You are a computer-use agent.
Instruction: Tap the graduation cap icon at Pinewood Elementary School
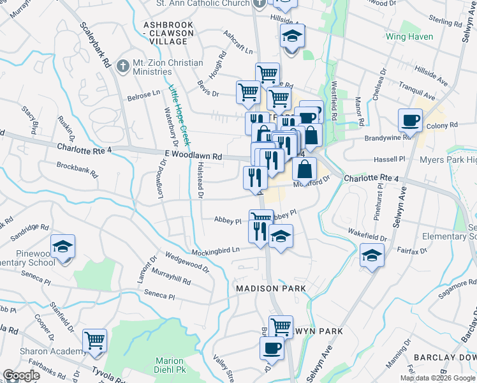tap(63, 246)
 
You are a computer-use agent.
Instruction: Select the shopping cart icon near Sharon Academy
tap(94, 340)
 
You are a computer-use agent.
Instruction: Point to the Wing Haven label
tap(409, 36)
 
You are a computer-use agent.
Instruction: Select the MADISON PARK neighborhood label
tap(271, 289)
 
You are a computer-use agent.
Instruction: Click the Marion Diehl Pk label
tap(170, 365)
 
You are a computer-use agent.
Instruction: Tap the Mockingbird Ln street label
tap(217, 250)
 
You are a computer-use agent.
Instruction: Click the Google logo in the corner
tap(21, 375)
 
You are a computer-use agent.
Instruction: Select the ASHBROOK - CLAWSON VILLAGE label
tap(165, 33)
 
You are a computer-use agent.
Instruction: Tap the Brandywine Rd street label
tap(388, 137)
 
